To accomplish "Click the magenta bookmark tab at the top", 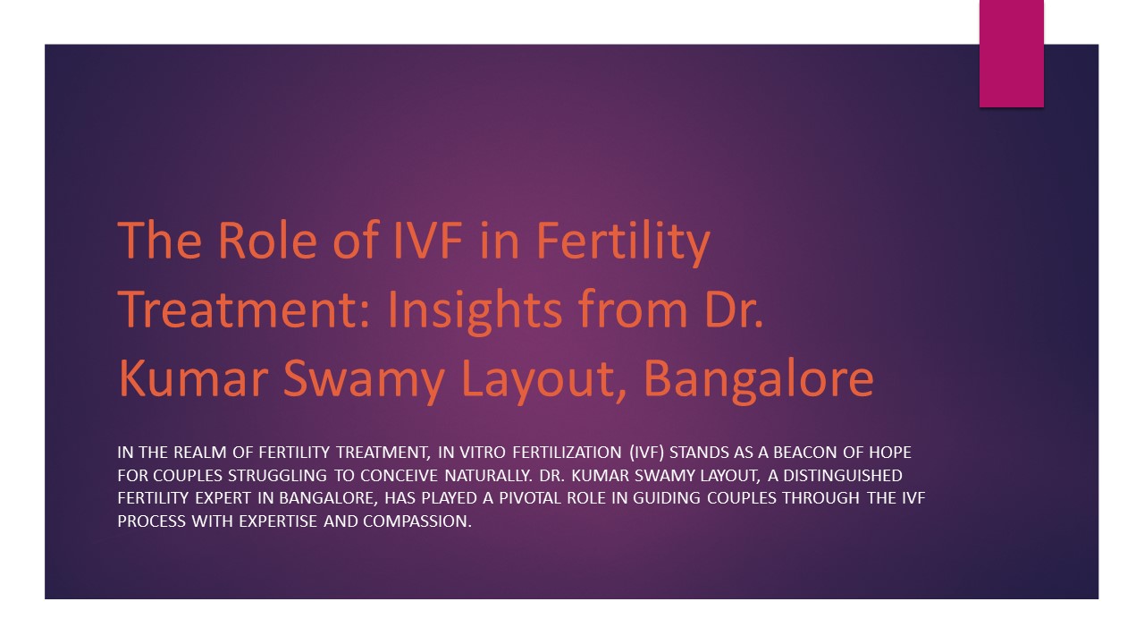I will [x=1011, y=54].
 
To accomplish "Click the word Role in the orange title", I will [x=251, y=241].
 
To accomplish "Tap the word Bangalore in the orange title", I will [x=758, y=378].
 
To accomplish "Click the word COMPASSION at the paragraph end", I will [x=416, y=521].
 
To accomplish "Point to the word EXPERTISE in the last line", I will [x=276, y=521].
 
